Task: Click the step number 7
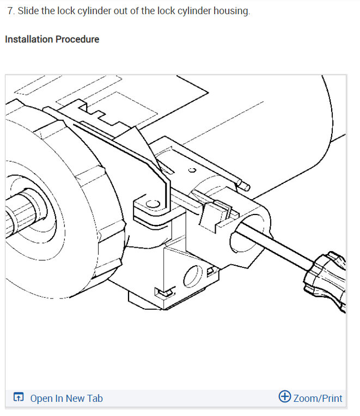[11, 11]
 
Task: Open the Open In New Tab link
[66, 398]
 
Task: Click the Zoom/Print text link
[318, 398]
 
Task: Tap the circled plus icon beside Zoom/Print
[285, 396]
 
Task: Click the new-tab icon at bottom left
[19, 396]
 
